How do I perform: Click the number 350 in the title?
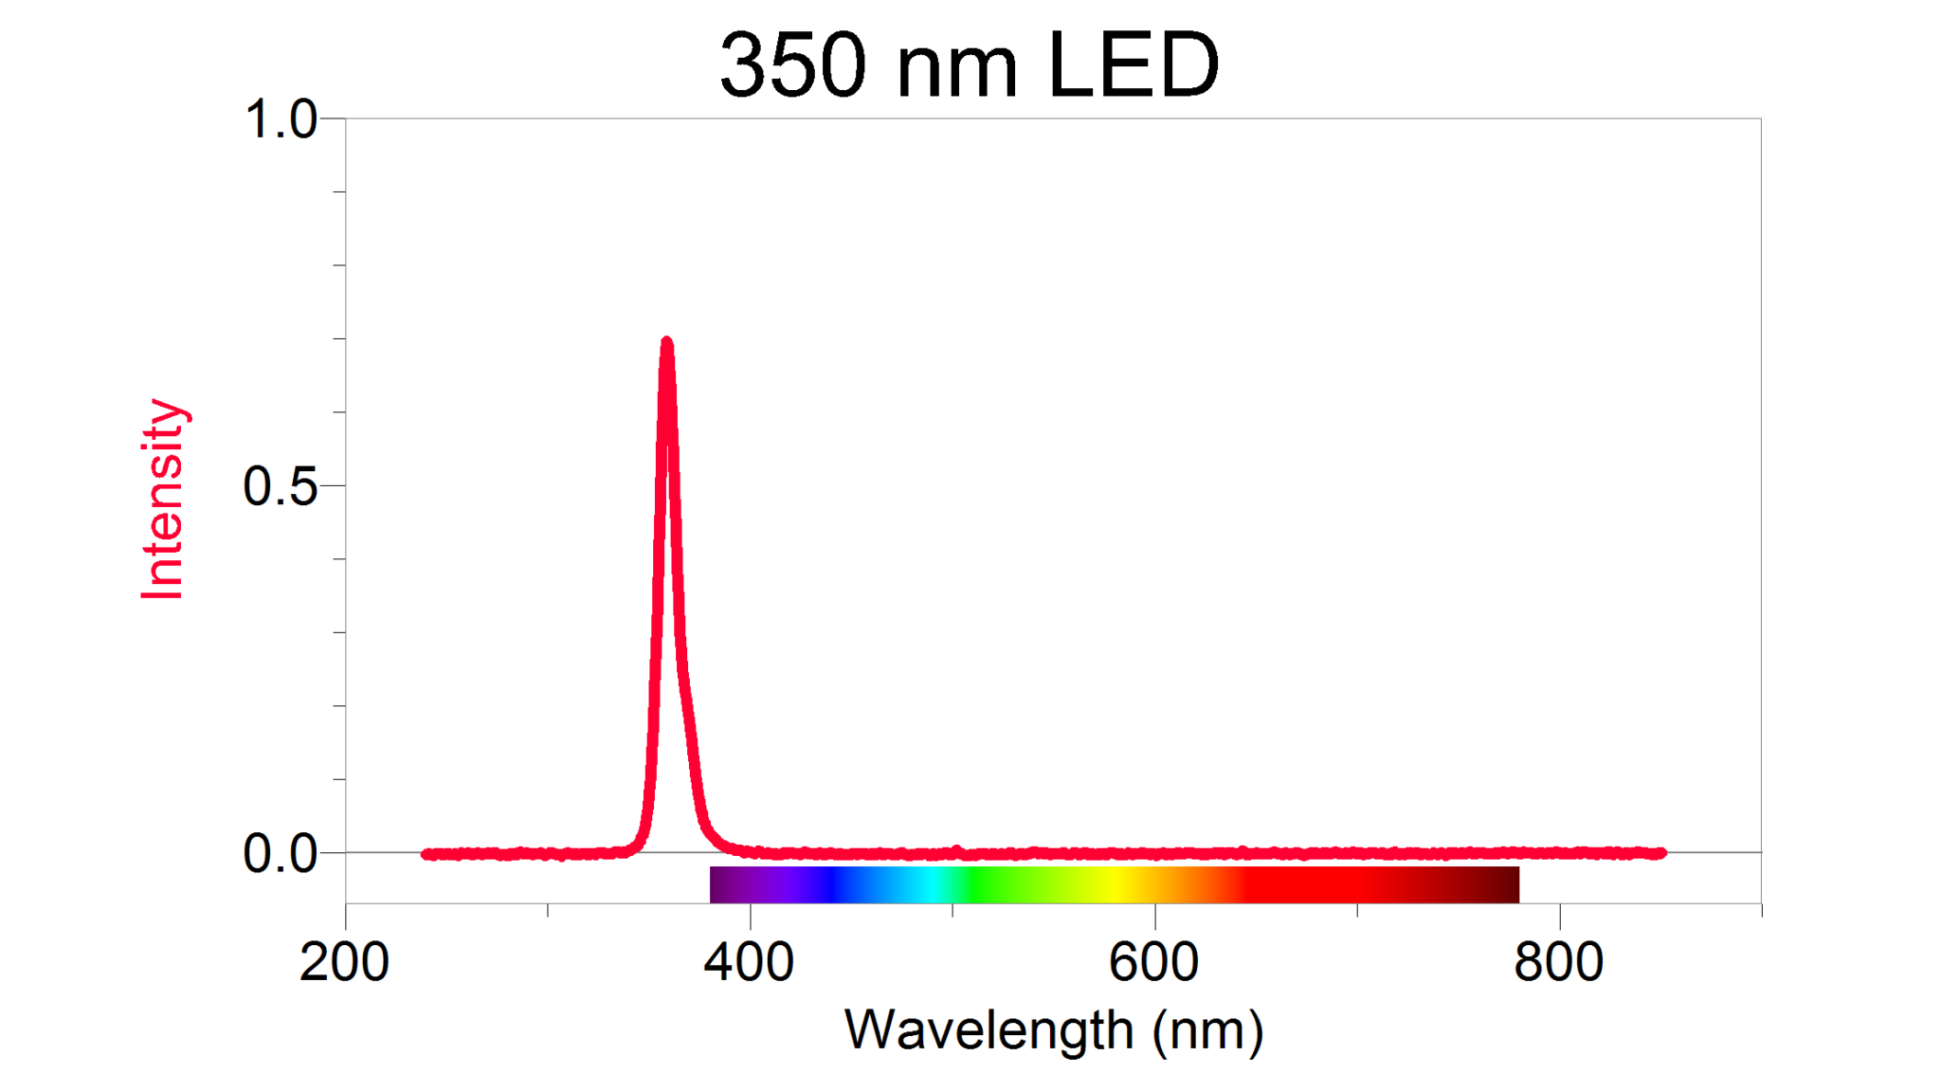pos(792,64)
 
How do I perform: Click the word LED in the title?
pos(1134,64)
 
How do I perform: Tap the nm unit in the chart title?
pos(956,68)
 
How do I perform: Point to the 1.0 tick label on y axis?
pos(280,120)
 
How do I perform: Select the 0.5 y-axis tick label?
pos(280,486)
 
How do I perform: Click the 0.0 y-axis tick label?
pos(280,853)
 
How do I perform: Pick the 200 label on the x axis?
pos(344,962)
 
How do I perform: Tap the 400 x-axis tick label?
pos(749,962)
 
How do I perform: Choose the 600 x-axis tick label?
pos(1153,962)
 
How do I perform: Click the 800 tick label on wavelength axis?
pos(1558,962)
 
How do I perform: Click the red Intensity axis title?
pos(162,500)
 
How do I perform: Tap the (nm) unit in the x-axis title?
pos(1207,1031)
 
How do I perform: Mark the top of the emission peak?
pos(667,342)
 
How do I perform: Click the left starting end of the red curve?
pos(426,854)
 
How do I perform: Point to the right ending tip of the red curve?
pos(1660,853)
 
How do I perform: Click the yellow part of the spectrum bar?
pos(1118,884)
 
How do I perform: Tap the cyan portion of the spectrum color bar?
pos(934,884)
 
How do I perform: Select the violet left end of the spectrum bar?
pos(720,884)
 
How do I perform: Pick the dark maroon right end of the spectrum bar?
pos(1507,884)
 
